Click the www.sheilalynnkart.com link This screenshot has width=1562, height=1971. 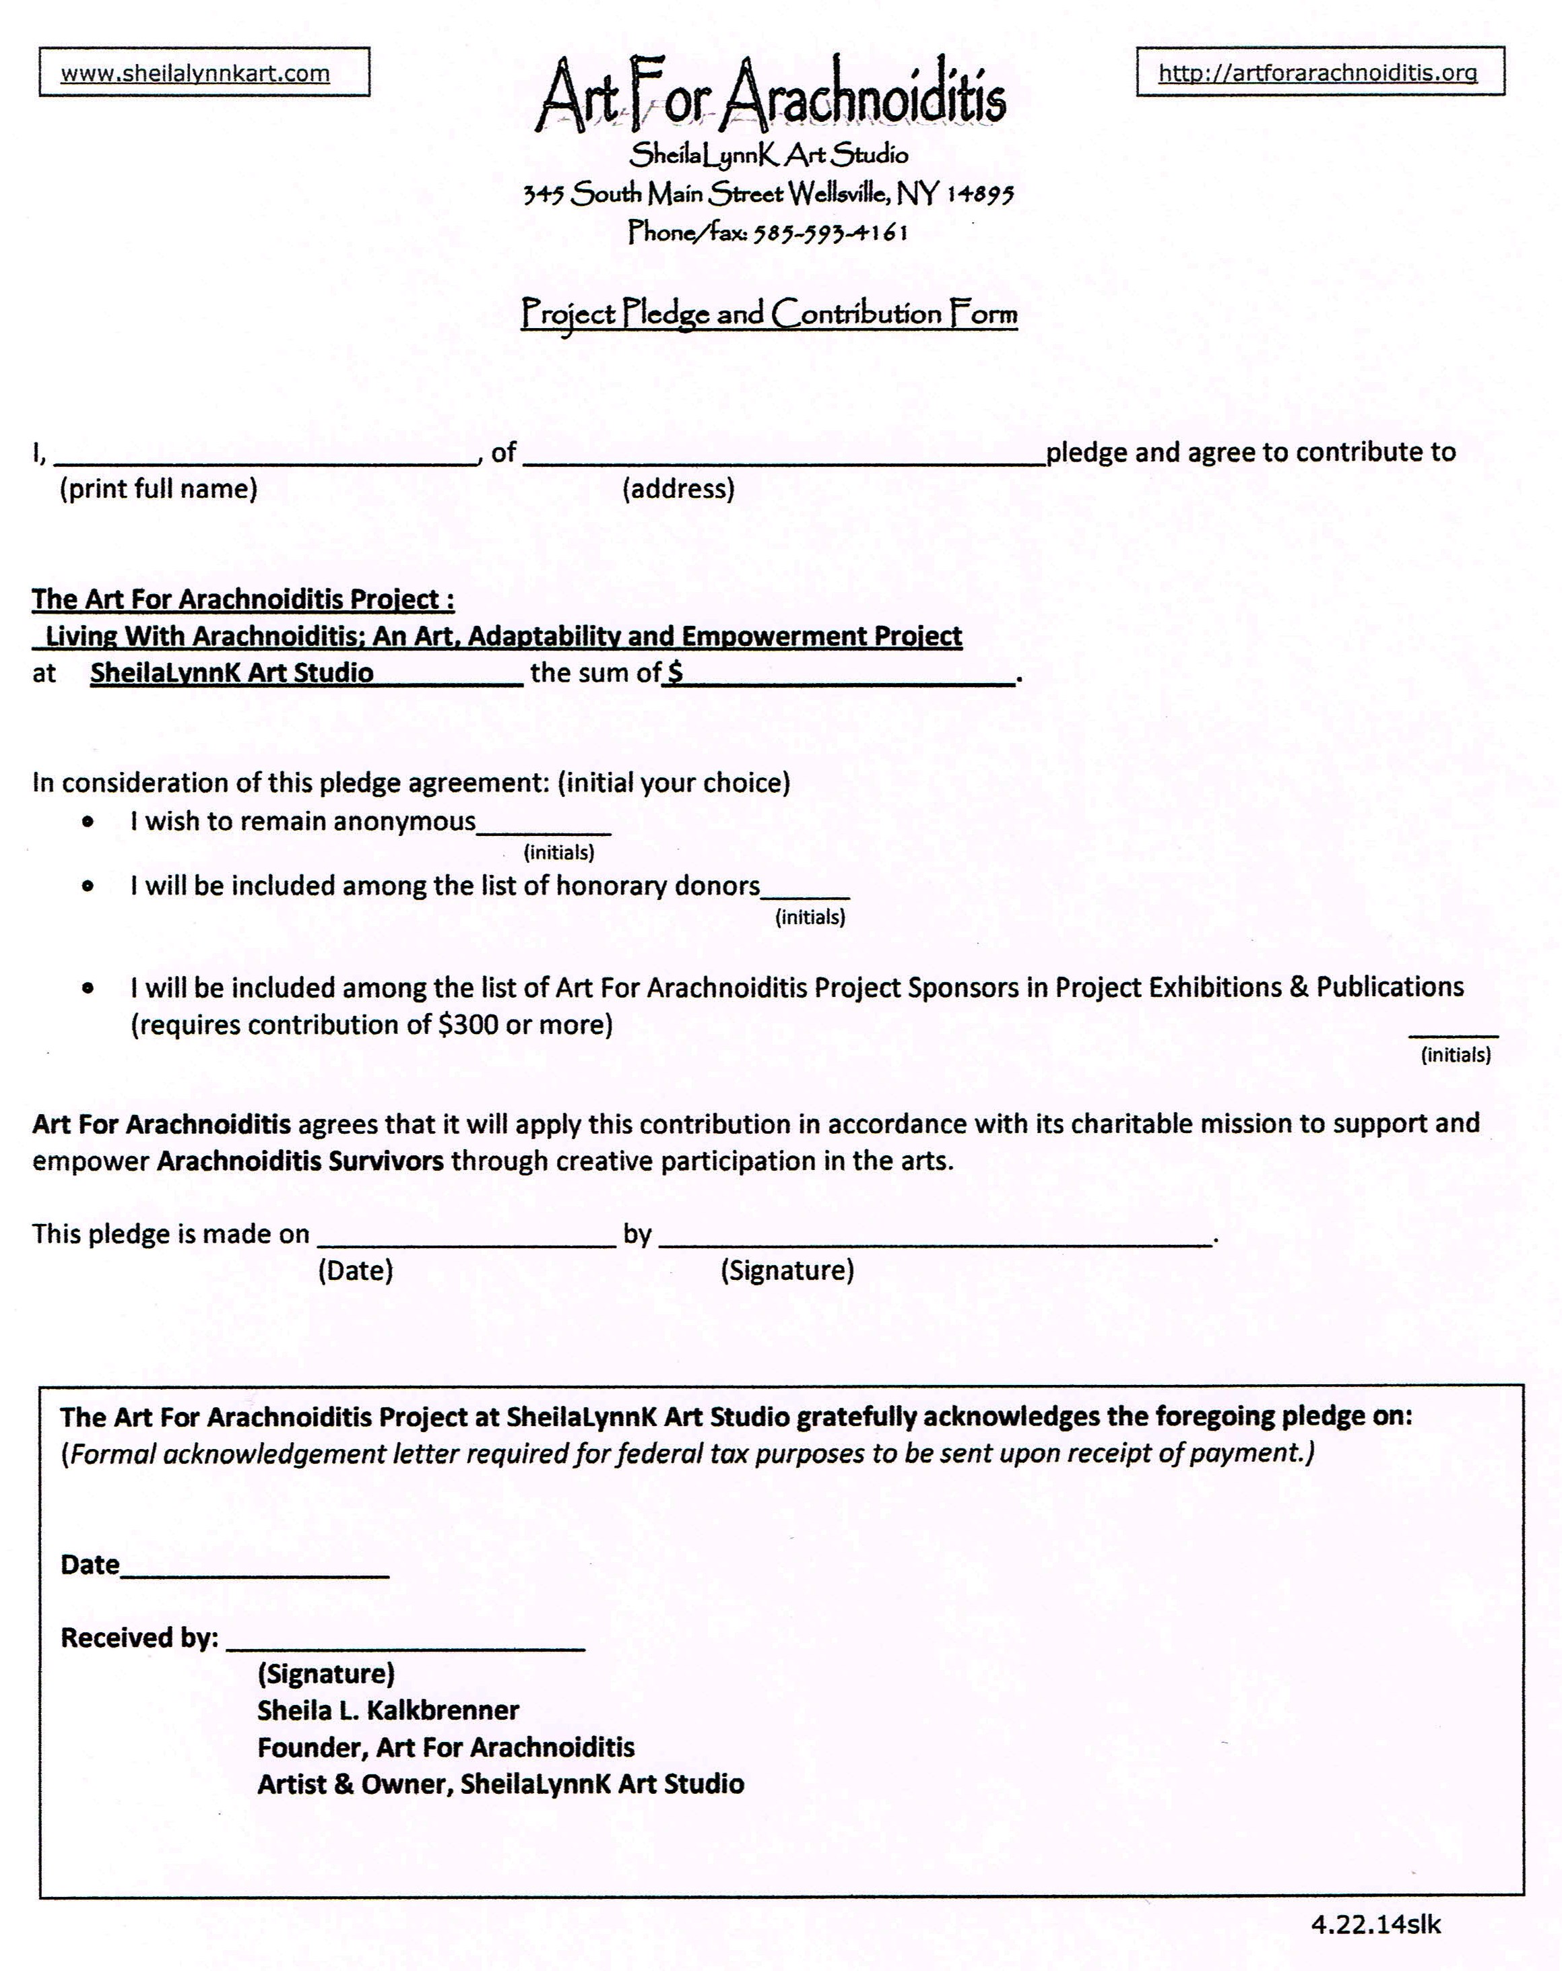pos(195,73)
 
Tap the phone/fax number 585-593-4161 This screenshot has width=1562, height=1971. pos(830,233)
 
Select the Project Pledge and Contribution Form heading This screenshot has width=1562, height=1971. pos(769,314)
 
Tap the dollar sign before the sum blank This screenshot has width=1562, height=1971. pos(674,673)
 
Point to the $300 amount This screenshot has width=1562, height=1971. pos(468,1025)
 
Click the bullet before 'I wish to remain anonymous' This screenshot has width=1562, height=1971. pos(88,822)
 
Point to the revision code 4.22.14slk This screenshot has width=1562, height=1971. pos(1375,1925)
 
